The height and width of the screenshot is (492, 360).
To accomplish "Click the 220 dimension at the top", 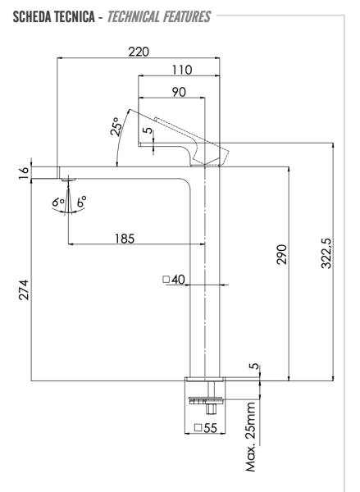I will (x=139, y=52).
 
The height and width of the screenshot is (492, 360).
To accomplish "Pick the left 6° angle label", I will (x=57, y=199).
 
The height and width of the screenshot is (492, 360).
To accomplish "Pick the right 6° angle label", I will (x=81, y=199).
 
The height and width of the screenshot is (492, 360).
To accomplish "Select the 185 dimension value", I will (x=125, y=239).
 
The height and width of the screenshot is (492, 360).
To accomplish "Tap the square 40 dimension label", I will (x=174, y=280).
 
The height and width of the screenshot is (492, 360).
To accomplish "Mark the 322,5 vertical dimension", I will (x=326, y=259).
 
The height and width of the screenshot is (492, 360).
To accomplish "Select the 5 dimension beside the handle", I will (x=148, y=130).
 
